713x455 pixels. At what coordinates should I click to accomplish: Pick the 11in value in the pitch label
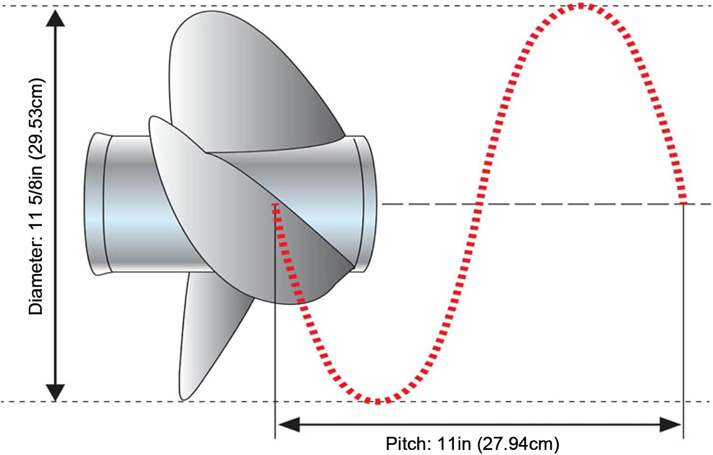[454, 443]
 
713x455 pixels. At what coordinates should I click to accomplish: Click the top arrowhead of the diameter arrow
[56, 18]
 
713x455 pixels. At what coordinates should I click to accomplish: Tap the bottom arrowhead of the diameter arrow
[56, 393]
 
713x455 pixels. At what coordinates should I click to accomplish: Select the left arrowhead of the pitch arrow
[289, 425]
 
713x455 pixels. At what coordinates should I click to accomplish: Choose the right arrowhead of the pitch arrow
[670, 425]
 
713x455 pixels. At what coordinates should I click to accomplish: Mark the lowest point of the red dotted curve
[377, 401]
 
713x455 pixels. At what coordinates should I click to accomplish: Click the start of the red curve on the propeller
[276, 205]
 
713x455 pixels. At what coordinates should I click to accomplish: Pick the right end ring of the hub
[366, 204]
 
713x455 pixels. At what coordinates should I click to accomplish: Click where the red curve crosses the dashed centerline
[478, 204]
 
